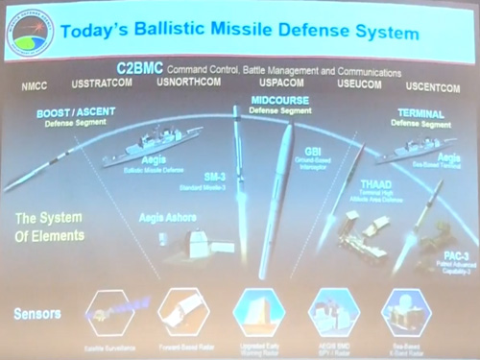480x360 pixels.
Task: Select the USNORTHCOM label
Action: [188, 84]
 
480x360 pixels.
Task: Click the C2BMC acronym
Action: [140, 69]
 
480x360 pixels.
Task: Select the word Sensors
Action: [37, 314]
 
